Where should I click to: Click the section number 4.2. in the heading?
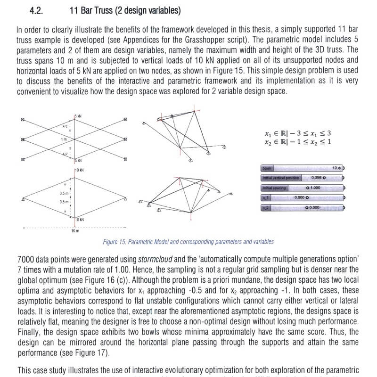[36, 10]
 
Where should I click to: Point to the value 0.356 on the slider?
[317, 178]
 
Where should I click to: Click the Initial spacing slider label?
[274, 188]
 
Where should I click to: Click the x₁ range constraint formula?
[298, 133]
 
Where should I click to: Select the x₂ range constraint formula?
[298, 142]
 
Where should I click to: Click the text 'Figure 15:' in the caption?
[115, 242]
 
